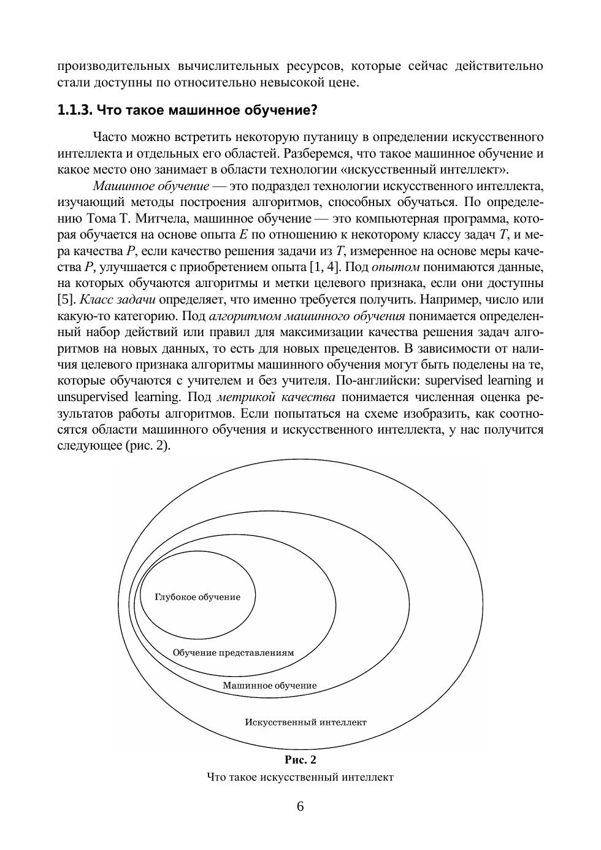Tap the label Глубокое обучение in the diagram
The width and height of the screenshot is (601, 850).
[x=197, y=597]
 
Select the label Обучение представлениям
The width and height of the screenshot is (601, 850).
[x=233, y=653]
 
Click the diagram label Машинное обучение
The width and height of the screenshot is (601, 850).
[x=270, y=686]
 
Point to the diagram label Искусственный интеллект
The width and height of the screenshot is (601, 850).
[x=305, y=722]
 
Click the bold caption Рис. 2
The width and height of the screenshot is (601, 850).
[x=300, y=760]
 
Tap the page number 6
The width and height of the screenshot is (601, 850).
[x=300, y=806]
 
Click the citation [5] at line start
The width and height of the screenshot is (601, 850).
[x=66, y=300]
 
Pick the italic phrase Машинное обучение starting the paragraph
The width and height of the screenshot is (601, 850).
[x=151, y=186]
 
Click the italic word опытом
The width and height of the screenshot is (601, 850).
[x=396, y=267]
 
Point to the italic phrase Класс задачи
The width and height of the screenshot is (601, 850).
[x=118, y=300]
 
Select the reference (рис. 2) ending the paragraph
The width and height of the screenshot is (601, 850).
[x=148, y=445]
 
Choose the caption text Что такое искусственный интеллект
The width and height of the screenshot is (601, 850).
[x=300, y=778]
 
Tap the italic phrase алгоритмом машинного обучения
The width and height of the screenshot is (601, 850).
[x=307, y=316]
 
